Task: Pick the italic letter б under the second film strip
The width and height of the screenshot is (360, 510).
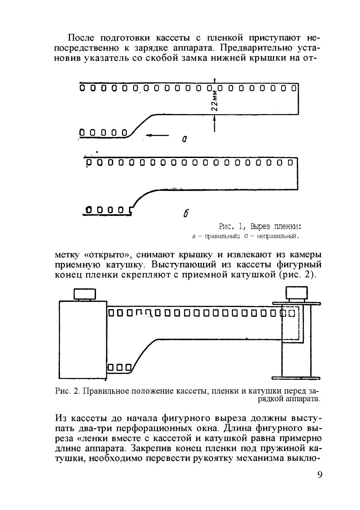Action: point(186,213)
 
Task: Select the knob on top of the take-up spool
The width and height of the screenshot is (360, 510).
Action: point(297,293)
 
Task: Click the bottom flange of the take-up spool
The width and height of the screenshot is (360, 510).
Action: point(296,377)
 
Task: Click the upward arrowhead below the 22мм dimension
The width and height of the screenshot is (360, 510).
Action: point(214,122)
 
